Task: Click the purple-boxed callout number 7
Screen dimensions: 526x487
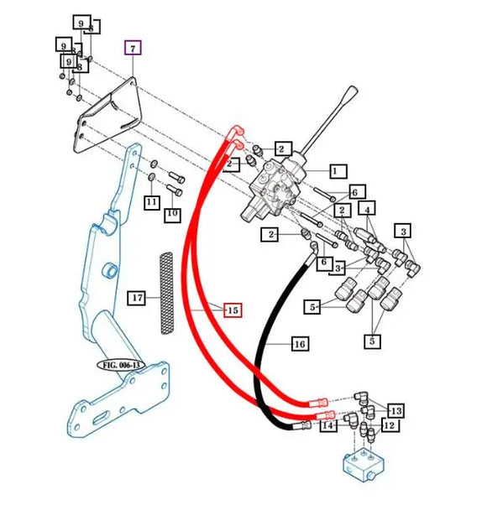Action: click(134, 47)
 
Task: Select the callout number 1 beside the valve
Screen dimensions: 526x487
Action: click(334, 171)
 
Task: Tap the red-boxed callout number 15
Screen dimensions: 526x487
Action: click(233, 310)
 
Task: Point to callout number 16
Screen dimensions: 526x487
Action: click(298, 344)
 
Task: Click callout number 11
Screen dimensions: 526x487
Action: click(151, 202)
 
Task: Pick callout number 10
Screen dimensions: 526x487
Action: click(172, 215)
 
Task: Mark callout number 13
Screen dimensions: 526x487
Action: click(395, 410)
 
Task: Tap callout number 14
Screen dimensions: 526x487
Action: click(328, 426)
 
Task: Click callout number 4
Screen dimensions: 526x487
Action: click(369, 207)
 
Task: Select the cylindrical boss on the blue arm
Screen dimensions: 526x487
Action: click(109, 272)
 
